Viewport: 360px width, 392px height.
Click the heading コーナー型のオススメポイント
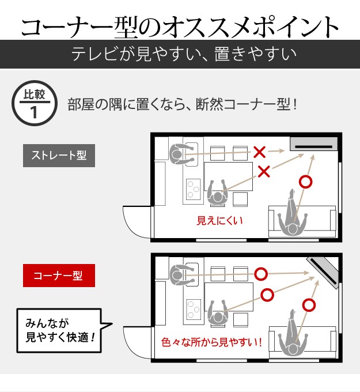click(x=180, y=26)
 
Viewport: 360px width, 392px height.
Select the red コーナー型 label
click(x=59, y=276)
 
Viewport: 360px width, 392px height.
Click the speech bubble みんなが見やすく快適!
click(x=60, y=330)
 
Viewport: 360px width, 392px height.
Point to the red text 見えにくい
click(x=221, y=220)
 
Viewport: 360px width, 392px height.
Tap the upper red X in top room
click(x=260, y=153)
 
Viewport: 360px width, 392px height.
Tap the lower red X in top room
click(x=264, y=171)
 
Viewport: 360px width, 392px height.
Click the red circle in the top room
click(x=306, y=182)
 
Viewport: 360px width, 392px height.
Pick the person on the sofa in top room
click(x=293, y=218)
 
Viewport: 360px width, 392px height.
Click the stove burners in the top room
click(x=192, y=188)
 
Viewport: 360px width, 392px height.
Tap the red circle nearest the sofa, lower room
click(x=309, y=305)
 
